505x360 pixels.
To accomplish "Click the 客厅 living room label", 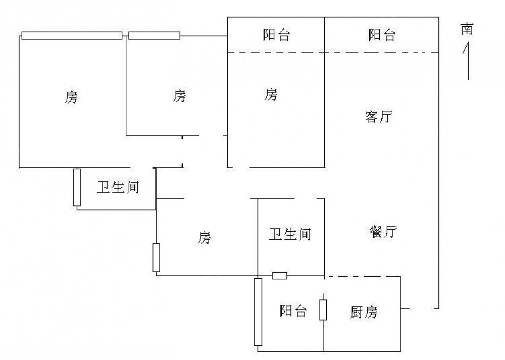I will click(x=379, y=117).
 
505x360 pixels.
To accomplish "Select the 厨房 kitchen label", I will click(x=364, y=313).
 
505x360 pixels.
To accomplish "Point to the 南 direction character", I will click(x=467, y=30).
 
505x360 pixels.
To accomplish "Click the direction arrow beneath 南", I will click(x=468, y=61).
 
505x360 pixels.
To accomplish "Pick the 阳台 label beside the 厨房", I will click(x=293, y=311).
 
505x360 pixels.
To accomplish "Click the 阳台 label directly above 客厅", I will click(x=382, y=35).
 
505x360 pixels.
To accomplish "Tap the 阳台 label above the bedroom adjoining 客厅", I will click(x=276, y=35).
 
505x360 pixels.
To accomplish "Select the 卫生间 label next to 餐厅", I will click(x=289, y=234).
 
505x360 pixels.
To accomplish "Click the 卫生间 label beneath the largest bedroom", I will click(x=118, y=187).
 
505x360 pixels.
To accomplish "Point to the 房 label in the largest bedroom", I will click(x=71, y=97).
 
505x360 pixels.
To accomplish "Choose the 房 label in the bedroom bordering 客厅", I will click(x=271, y=94).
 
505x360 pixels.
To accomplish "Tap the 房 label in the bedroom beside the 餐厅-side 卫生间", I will click(x=204, y=237).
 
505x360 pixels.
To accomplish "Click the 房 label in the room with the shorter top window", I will click(x=179, y=95).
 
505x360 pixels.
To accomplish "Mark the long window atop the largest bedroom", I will click(x=72, y=35).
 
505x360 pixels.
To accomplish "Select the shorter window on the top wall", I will click(x=154, y=35).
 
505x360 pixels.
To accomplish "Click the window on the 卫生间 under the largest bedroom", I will click(x=77, y=187).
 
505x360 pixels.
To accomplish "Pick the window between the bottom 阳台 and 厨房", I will click(x=323, y=310).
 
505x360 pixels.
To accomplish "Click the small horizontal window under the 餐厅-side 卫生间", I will click(x=280, y=275).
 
